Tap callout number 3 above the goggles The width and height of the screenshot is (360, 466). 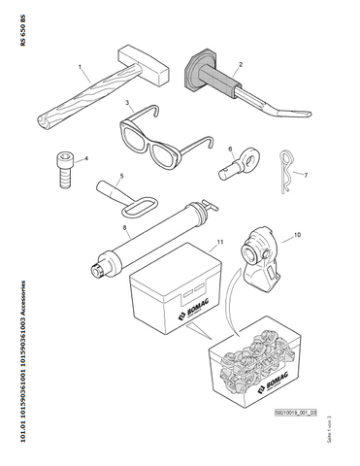click(x=127, y=102)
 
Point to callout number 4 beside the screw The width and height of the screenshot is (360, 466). click(x=86, y=157)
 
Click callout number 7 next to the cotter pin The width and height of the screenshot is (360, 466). click(x=306, y=176)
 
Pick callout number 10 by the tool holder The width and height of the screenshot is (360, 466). click(x=297, y=235)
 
